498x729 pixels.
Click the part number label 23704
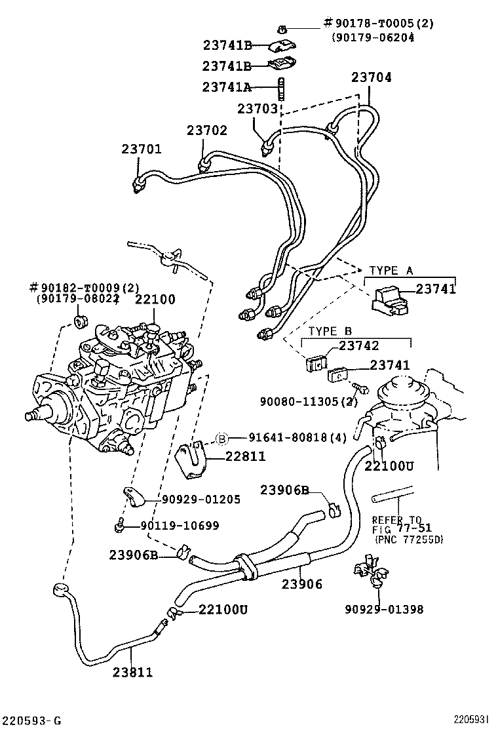click(x=371, y=77)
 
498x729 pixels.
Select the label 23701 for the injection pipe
click(x=141, y=149)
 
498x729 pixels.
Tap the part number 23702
click(x=206, y=130)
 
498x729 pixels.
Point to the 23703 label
click(x=258, y=109)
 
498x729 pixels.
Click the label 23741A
click(x=227, y=87)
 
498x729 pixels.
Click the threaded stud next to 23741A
click(x=281, y=87)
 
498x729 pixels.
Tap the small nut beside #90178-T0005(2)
click(x=281, y=28)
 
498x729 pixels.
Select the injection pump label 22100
click(x=155, y=300)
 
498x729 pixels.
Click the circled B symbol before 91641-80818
click(x=222, y=439)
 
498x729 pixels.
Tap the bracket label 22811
click(x=247, y=457)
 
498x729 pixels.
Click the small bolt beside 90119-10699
click(x=119, y=524)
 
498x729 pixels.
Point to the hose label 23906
click(x=302, y=583)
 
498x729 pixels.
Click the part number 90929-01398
click(x=384, y=610)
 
